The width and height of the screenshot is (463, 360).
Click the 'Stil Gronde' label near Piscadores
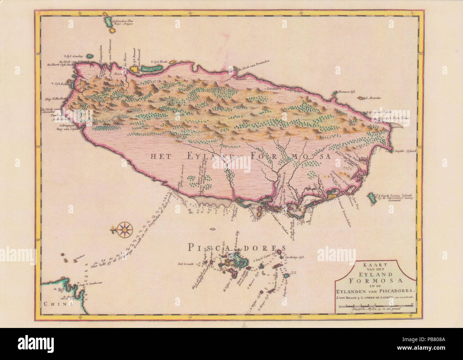186,264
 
